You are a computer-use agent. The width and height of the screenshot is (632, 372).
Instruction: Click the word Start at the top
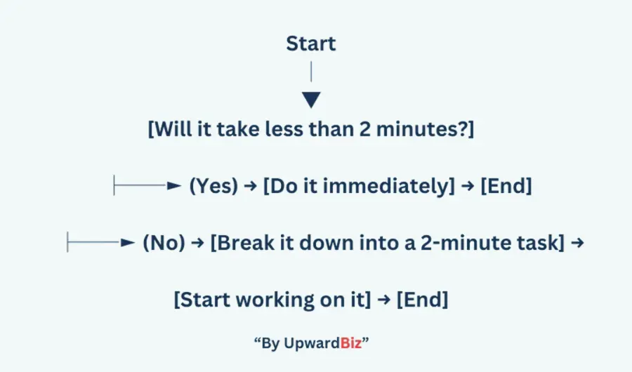pyautogui.click(x=311, y=43)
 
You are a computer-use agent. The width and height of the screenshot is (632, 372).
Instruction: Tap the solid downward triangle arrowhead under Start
pyautogui.click(x=311, y=100)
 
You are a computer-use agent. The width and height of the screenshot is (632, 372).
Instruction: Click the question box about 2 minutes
pyautogui.click(x=311, y=129)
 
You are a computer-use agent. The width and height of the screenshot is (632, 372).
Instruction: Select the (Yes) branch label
pyautogui.click(x=213, y=186)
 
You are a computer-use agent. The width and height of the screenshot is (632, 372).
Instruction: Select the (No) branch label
pyautogui.click(x=164, y=243)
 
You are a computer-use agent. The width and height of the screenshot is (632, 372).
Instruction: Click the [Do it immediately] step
pyautogui.click(x=359, y=186)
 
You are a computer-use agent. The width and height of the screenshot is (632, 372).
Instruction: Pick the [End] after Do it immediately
pyautogui.click(x=506, y=186)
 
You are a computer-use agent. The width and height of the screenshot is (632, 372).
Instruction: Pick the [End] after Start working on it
pyautogui.click(x=423, y=300)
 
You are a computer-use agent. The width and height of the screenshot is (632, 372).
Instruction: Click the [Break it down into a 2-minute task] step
pyautogui.click(x=388, y=243)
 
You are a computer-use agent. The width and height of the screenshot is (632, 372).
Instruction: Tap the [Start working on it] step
pyautogui.click(x=272, y=300)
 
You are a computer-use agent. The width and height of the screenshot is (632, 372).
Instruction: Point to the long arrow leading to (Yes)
pyautogui.click(x=147, y=185)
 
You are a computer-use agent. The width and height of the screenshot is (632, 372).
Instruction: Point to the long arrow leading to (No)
pyautogui.click(x=100, y=242)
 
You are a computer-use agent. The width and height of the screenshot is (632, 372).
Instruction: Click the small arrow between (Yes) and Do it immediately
pyautogui.click(x=251, y=186)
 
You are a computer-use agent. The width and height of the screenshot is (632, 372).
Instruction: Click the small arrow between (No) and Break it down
pyautogui.click(x=197, y=243)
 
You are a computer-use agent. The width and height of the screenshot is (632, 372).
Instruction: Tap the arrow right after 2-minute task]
pyautogui.click(x=578, y=243)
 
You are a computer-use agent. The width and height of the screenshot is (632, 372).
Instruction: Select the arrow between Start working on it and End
pyautogui.click(x=384, y=300)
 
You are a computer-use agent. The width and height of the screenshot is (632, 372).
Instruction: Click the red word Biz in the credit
pyautogui.click(x=350, y=343)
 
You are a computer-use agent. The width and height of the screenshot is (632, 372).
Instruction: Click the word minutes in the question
pyautogui.click(x=418, y=129)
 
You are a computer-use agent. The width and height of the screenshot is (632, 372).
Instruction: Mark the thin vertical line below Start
pyautogui.click(x=311, y=72)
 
